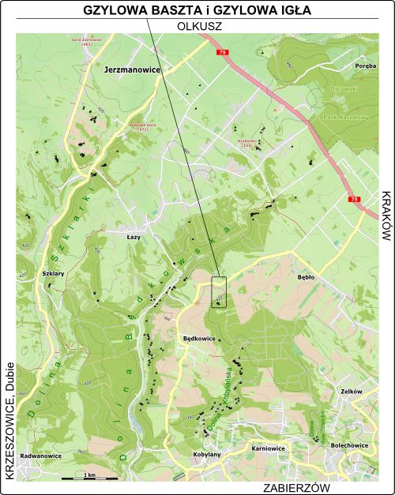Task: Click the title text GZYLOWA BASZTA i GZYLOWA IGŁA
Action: click(x=197, y=10)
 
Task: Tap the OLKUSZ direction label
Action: click(x=197, y=25)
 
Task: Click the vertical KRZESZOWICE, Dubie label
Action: click(x=8, y=431)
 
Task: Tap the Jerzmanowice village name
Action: click(x=132, y=70)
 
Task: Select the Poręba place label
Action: click(x=365, y=66)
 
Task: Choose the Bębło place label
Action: click(x=305, y=279)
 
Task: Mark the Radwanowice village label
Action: click(x=41, y=456)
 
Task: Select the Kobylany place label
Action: click(x=206, y=455)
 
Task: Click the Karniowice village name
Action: click(x=267, y=448)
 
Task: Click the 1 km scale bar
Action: click(x=90, y=477)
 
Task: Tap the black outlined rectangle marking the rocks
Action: click(x=220, y=292)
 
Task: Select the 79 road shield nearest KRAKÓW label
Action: click(x=355, y=200)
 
